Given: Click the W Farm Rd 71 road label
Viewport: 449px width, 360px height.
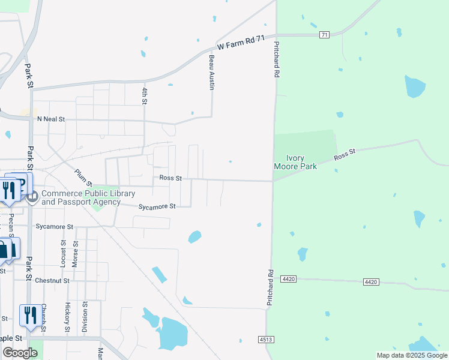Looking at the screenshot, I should (x=241, y=43).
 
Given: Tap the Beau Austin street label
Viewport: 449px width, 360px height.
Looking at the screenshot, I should (x=211, y=73).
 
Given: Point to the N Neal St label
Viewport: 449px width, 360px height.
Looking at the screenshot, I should (x=50, y=119).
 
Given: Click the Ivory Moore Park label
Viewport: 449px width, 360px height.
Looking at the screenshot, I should (x=295, y=161).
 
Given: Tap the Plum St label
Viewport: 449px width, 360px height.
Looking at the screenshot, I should (x=83, y=178).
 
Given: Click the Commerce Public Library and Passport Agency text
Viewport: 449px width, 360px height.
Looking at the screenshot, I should (x=88, y=197).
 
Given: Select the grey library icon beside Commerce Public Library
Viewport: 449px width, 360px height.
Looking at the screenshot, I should (x=32, y=196).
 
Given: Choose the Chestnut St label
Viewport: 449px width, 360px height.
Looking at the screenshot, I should (x=52, y=280).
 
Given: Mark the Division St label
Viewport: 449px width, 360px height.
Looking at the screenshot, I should (x=85, y=317).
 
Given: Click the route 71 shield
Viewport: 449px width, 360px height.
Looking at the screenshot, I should (x=324, y=35).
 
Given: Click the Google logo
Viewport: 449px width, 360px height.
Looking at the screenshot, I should (x=20, y=353).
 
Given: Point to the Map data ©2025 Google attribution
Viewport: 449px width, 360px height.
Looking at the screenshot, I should (x=411, y=355).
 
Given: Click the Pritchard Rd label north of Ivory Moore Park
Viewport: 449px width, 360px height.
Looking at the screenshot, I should (x=277, y=59).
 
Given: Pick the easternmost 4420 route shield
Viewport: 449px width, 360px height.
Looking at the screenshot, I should (x=372, y=281).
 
